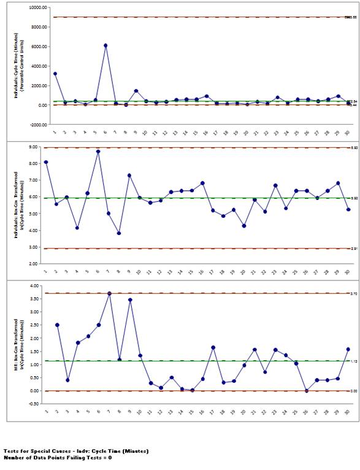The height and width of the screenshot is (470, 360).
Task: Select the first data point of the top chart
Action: click(55, 74)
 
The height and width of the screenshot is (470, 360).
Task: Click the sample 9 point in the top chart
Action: click(136, 91)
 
